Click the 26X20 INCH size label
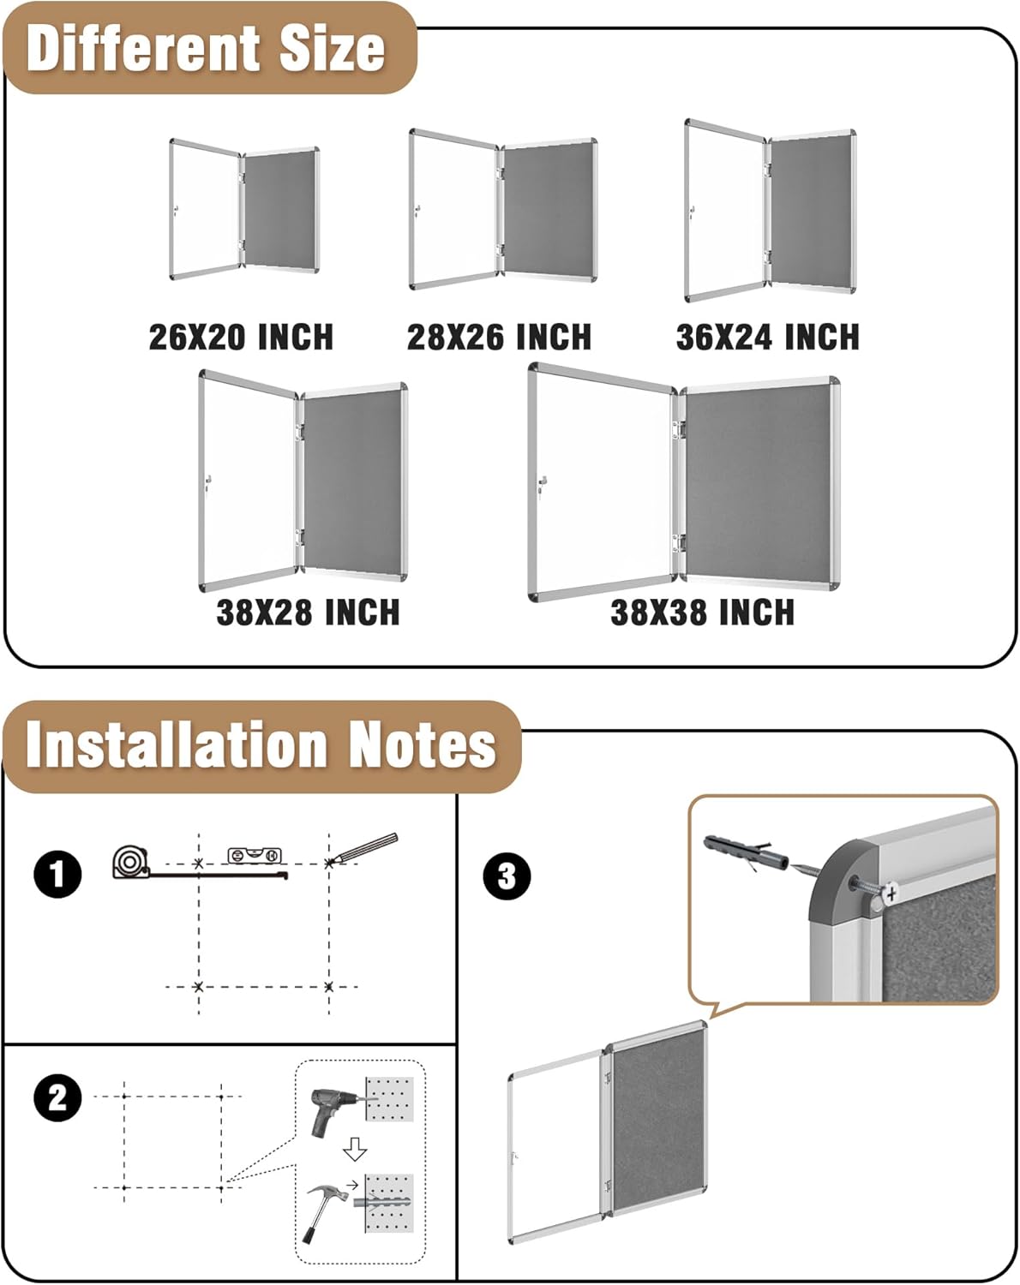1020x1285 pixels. (x=241, y=337)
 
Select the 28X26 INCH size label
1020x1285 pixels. (x=499, y=337)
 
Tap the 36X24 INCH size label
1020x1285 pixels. (x=767, y=337)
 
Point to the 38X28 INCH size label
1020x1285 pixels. (x=308, y=613)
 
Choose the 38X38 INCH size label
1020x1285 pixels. (x=702, y=613)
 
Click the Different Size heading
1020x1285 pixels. (x=206, y=48)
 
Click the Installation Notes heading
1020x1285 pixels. (x=261, y=744)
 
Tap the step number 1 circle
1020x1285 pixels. (x=57, y=875)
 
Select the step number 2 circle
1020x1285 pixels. (x=57, y=1097)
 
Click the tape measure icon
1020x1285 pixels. (x=131, y=861)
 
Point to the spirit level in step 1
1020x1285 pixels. (x=255, y=854)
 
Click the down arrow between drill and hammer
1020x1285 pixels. (x=355, y=1150)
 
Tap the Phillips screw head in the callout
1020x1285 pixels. (x=891, y=894)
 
